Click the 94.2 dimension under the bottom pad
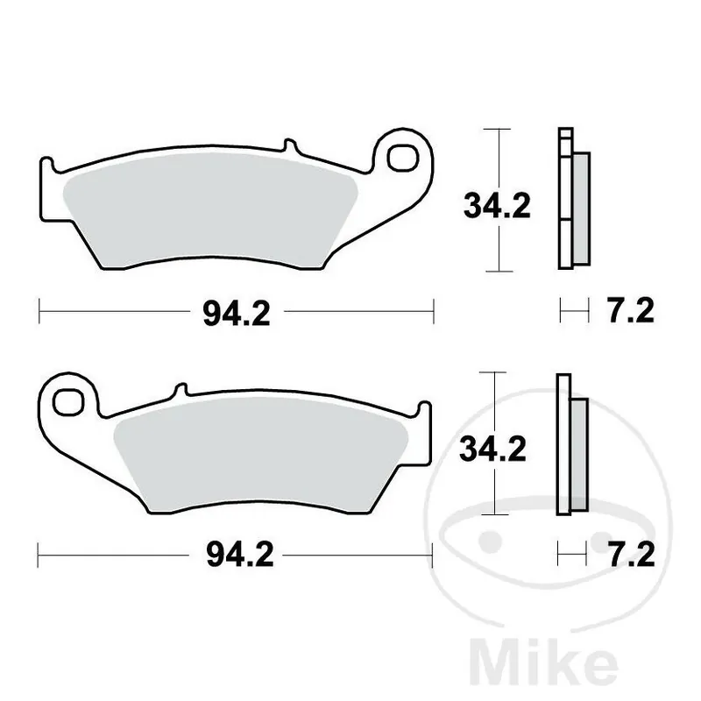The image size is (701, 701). [x=236, y=554]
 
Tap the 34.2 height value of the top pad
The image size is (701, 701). [x=497, y=209]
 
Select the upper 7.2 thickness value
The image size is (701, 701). [x=629, y=311]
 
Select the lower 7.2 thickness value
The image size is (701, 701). [x=629, y=554]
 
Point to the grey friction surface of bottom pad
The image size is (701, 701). [x=263, y=456]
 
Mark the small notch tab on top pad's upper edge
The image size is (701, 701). [x=285, y=145]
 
